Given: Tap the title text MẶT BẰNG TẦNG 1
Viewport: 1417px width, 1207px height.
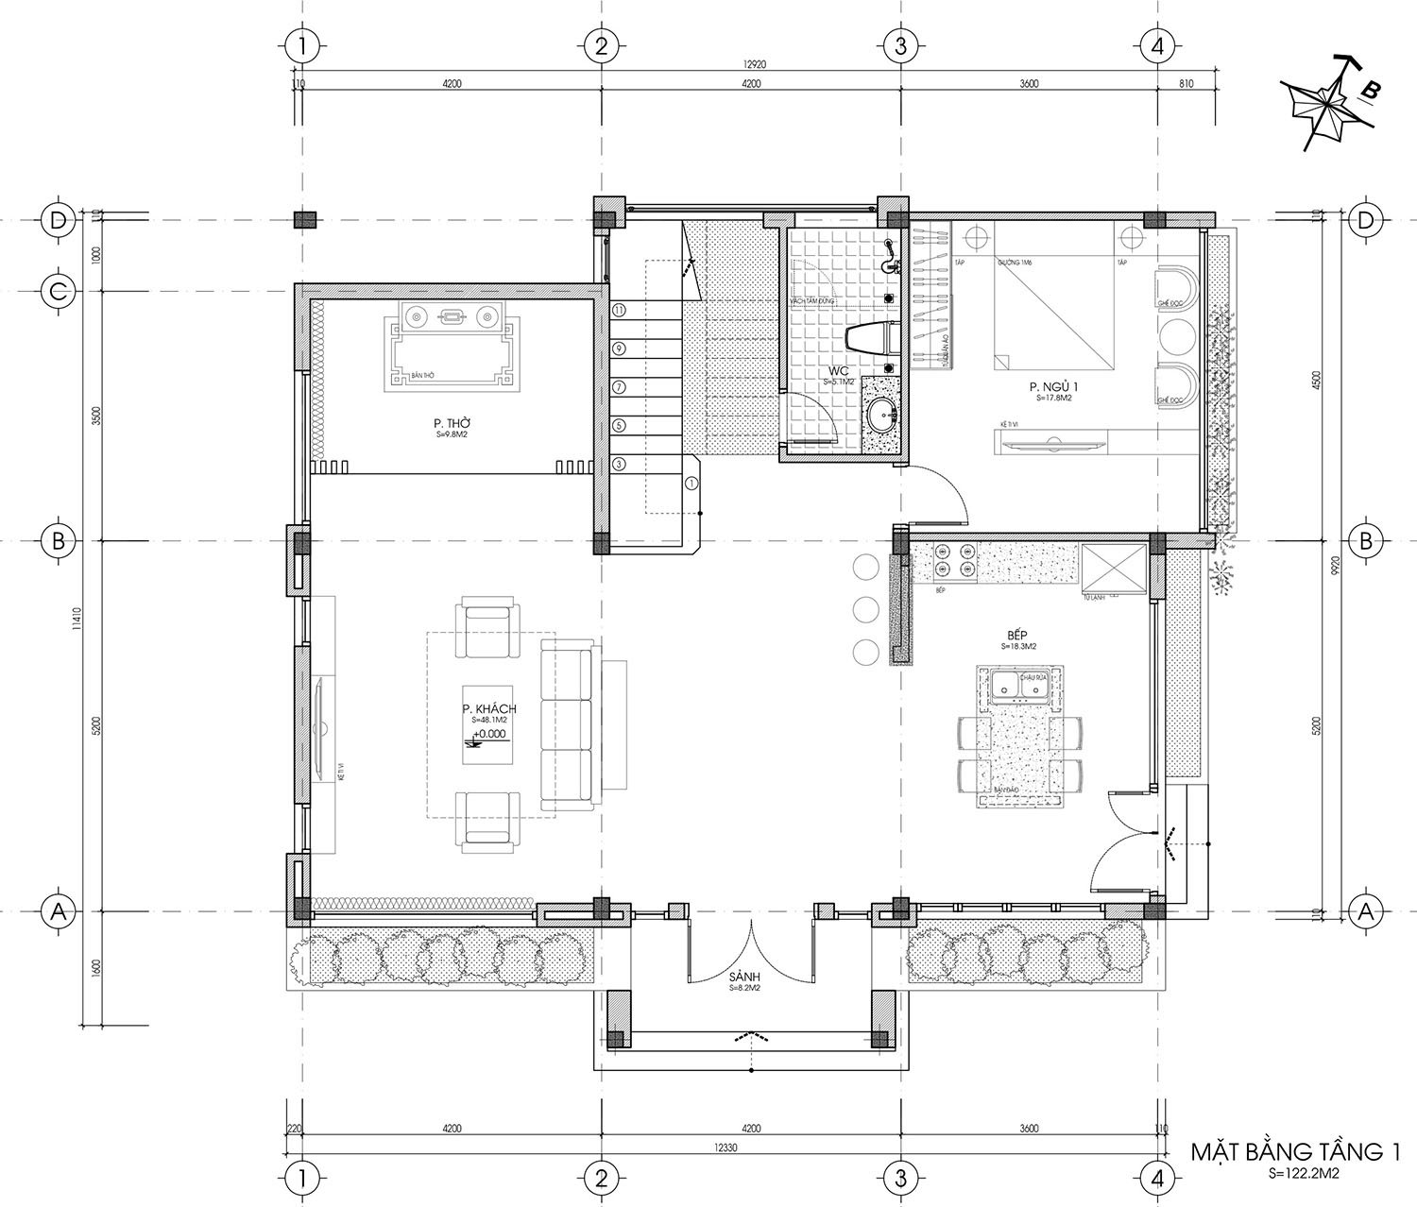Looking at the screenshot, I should coord(1294,1152).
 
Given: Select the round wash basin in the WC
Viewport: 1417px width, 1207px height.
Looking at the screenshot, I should coord(882,413).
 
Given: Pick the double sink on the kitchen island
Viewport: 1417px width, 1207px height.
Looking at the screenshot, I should coord(1020,685).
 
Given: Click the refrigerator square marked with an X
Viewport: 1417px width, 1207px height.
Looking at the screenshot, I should coord(1112,569).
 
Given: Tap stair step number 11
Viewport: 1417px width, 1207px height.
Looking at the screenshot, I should coord(619,310).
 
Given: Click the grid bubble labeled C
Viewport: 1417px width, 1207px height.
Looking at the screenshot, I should coord(59,292).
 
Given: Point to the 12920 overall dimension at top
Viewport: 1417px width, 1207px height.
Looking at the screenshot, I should coord(752,64).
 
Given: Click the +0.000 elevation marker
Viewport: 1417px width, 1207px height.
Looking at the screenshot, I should coord(489,734).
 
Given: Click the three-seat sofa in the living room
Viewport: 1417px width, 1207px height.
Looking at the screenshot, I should coord(567,724).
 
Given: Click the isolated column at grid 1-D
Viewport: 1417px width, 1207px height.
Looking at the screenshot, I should coord(305,220).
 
